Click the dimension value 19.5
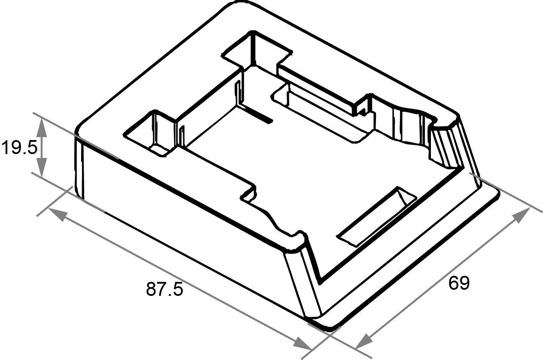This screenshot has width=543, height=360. click(x=19, y=148)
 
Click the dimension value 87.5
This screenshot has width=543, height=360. click(x=164, y=289)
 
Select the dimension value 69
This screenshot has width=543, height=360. click(x=459, y=283)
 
